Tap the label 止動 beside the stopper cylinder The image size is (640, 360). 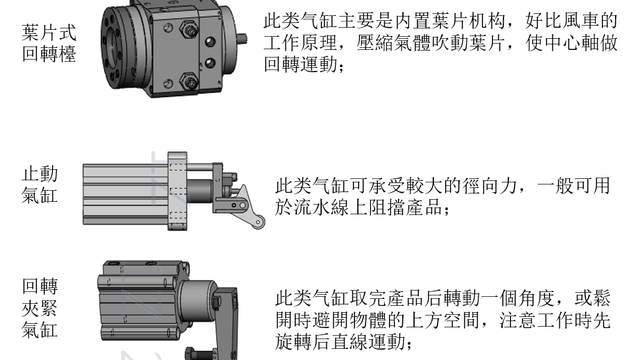[40, 174]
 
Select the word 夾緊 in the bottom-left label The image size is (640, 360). [40, 308]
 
